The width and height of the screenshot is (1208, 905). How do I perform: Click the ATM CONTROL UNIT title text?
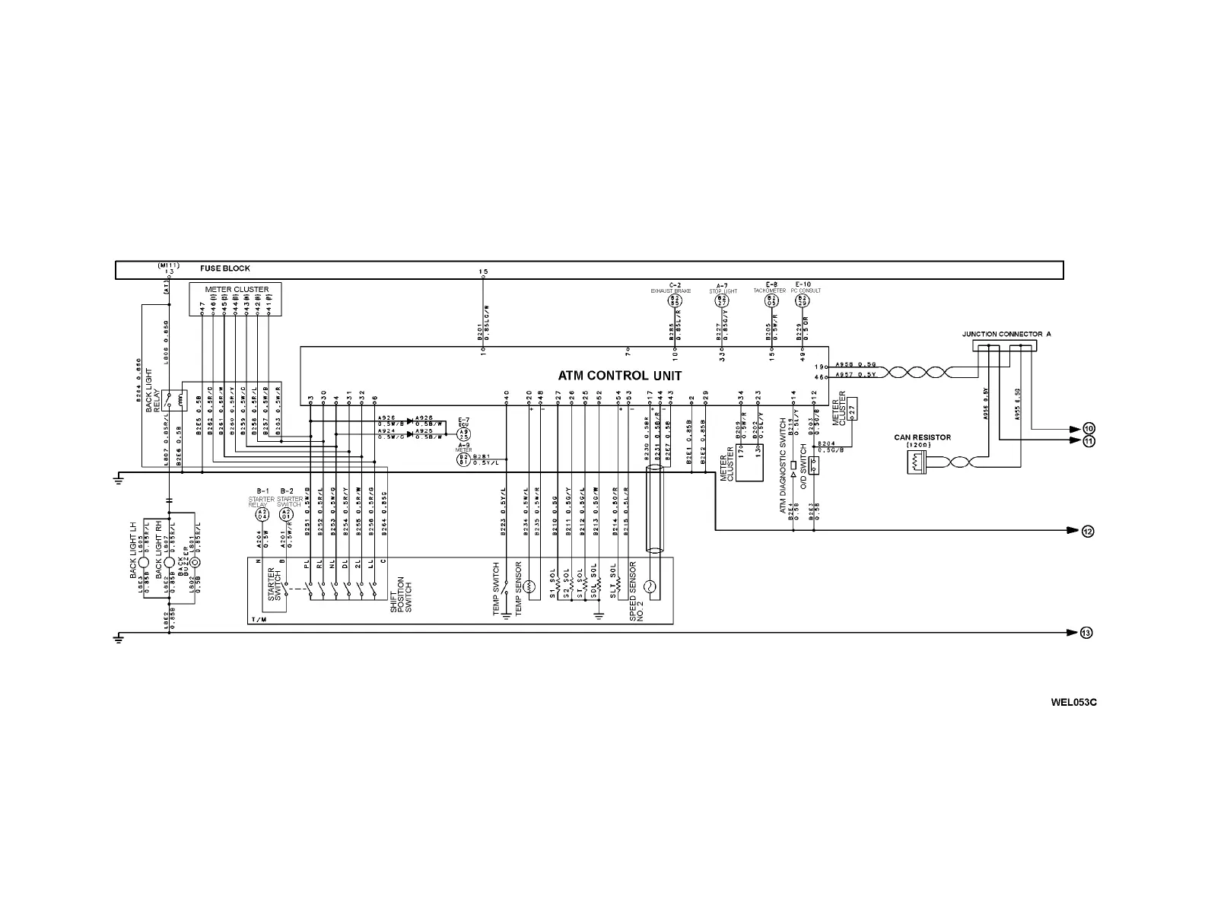620,376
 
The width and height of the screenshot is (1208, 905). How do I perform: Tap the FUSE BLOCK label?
225,268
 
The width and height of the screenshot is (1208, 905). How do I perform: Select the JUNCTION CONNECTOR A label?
1006,334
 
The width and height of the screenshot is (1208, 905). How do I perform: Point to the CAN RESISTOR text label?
922,437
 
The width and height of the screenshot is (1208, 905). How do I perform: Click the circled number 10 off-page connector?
1089,428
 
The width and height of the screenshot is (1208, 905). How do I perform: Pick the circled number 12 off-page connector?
1088,531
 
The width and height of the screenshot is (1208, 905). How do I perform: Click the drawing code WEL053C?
1073,702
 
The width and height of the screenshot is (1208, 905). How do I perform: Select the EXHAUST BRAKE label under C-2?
671,291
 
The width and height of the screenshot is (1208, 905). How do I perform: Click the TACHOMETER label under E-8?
769,291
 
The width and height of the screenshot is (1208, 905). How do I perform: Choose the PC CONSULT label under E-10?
806,291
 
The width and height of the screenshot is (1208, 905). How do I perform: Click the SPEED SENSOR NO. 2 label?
637,592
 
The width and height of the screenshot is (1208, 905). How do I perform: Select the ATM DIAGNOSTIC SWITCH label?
783,465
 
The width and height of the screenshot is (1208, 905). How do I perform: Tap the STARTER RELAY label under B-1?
261,502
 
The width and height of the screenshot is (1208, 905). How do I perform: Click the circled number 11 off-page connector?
1089,441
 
